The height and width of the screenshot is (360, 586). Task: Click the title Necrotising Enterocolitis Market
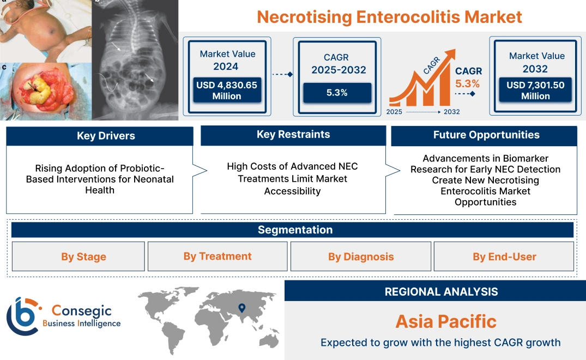389,17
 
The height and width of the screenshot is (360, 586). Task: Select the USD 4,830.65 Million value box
226,90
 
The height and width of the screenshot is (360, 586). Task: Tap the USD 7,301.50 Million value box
535,90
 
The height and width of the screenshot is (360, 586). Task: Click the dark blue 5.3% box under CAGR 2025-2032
337,93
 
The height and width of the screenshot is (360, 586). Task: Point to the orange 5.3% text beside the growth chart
467,84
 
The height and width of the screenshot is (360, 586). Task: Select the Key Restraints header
293,135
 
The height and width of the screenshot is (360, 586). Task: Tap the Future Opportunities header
486,135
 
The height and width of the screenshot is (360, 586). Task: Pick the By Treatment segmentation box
218,256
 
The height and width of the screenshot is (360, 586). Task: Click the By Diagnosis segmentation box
361,257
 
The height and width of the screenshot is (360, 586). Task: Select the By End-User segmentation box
504,257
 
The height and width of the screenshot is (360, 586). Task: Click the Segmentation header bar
295,230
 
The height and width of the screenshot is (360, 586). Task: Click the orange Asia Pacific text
446,321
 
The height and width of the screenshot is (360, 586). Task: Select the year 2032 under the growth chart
451,112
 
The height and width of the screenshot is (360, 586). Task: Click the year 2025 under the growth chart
395,112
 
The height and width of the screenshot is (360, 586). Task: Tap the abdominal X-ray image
134,60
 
